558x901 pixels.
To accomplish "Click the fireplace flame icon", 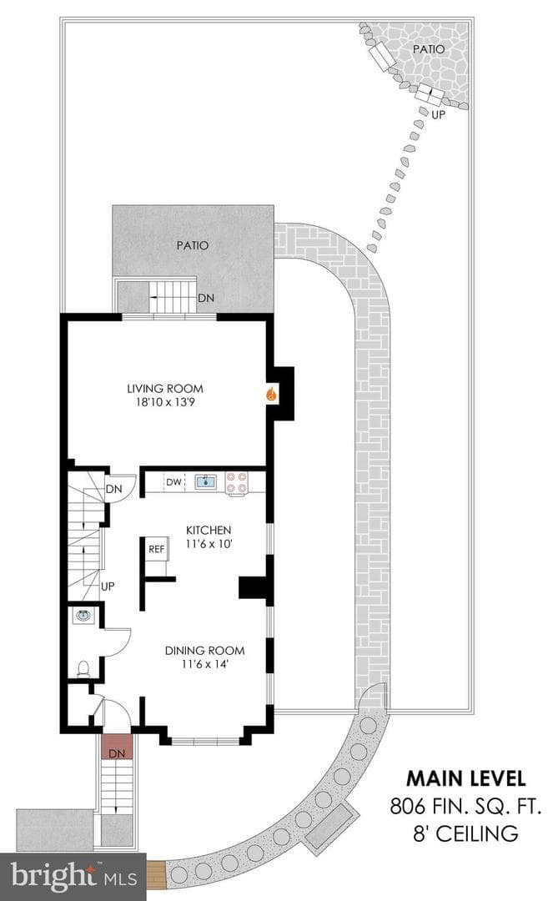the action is coord(271,394).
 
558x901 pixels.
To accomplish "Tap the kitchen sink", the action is coord(206,481).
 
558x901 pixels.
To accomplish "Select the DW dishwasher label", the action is coord(174,482).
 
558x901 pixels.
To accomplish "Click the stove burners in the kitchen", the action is coord(236,483).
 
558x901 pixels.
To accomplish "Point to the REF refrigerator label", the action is coord(156,549).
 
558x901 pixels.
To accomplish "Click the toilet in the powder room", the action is coord(83,668).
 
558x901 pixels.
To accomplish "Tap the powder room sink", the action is coord(83,616).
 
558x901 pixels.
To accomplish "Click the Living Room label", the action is coord(165,389).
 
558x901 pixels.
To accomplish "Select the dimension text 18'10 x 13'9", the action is coord(165,402).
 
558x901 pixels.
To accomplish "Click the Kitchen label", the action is coord(208,530).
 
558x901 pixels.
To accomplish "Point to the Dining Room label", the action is coord(204,651).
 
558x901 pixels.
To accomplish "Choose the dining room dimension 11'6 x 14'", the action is coord(205,664).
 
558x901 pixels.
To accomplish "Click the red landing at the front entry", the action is coord(117,747).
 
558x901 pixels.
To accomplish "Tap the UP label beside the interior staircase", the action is coord(108,586).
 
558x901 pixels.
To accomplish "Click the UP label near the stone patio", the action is coord(439,114).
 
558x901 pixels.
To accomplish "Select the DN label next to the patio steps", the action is coord(206,298).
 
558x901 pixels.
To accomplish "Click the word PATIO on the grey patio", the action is coord(193,245).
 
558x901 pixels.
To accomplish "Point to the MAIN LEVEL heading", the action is coord(466,778).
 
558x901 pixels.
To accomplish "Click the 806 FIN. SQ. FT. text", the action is coord(465,806).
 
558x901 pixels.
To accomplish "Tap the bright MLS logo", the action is coord(73,877).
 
